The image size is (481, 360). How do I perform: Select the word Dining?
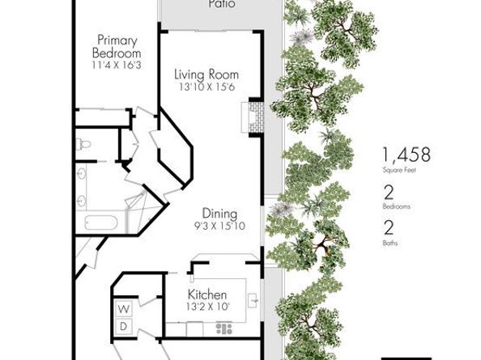219,214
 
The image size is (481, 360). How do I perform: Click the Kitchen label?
206,294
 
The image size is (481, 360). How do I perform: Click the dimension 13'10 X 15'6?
207,87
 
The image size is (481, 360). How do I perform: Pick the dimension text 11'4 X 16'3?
121,64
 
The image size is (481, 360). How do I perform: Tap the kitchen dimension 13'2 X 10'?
206,307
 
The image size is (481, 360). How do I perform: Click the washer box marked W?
124,309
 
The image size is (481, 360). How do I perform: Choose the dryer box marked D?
124,325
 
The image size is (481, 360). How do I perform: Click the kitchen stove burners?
224,328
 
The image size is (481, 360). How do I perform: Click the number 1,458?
407,155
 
